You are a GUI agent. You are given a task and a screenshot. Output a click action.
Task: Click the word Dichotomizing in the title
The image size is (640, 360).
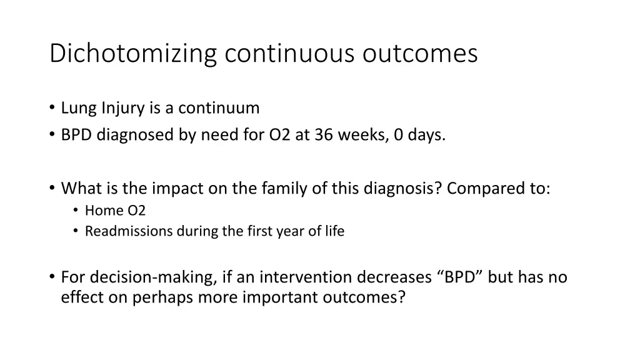(x=134, y=54)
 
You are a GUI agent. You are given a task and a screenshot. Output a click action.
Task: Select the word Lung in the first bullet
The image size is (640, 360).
(x=76, y=108)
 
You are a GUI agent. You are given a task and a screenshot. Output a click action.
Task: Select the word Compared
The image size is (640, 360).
(x=485, y=188)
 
